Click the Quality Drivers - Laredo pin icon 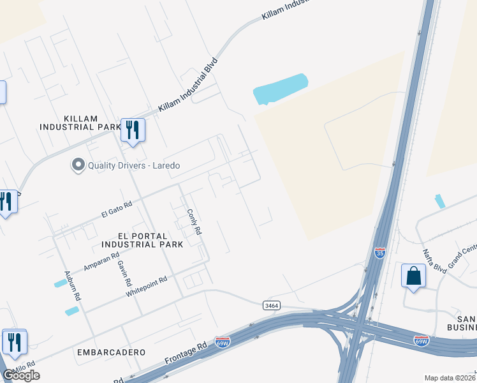(78, 165)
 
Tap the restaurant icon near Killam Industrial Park (133, 131)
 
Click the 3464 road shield (272, 306)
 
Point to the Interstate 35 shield (380, 253)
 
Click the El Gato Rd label (116, 208)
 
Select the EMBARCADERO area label (112, 352)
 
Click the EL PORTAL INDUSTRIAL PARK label (142, 239)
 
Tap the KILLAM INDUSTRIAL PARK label (80, 123)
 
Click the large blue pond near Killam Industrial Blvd (281, 89)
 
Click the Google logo (21, 375)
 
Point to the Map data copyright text (450, 378)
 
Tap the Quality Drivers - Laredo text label (134, 165)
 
